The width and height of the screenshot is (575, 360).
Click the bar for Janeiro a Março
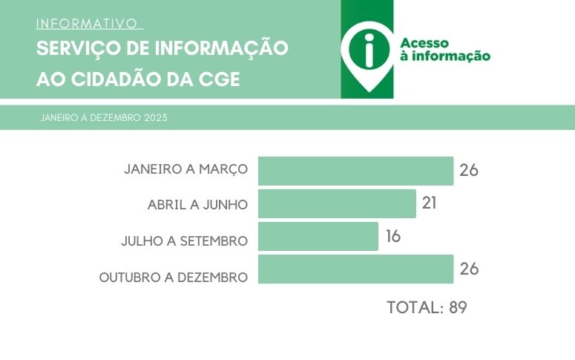(x=355, y=171)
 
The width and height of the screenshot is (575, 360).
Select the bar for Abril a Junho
(x=337, y=203)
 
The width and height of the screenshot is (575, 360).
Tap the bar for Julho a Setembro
(x=318, y=236)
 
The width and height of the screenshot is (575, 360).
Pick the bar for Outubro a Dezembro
(x=355, y=269)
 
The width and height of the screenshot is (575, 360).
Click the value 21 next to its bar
(x=429, y=203)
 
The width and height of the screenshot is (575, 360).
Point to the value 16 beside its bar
(x=392, y=236)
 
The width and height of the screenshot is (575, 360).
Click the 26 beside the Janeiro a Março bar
(x=468, y=170)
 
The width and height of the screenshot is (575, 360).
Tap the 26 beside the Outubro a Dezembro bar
(x=468, y=269)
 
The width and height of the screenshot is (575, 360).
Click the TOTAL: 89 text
(x=427, y=307)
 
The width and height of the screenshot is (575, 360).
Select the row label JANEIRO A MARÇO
(x=185, y=169)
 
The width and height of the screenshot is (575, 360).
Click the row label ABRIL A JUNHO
(x=197, y=204)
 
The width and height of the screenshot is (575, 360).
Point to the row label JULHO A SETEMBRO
(x=184, y=241)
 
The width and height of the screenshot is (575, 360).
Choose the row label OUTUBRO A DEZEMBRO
(x=173, y=278)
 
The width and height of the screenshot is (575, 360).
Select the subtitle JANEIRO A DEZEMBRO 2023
(x=104, y=118)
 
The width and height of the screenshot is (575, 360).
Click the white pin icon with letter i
(x=369, y=51)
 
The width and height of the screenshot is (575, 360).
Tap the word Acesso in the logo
(x=424, y=43)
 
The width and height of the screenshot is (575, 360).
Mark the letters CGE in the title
(x=220, y=80)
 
